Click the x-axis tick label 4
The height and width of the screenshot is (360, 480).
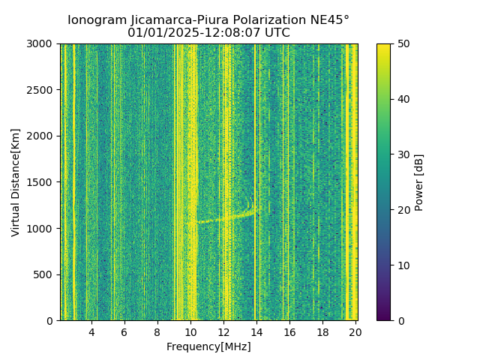(x=91, y=332)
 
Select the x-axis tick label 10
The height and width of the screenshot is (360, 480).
(x=190, y=332)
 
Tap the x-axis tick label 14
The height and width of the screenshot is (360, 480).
(x=256, y=332)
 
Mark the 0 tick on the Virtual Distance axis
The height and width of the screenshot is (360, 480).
(x=52, y=321)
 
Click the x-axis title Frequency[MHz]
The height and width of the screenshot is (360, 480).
(x=208, y=346)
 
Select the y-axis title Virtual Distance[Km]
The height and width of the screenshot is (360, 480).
(x=16, y=182)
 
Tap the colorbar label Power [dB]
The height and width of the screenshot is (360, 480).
(x=419, y=182)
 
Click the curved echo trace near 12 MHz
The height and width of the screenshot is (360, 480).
(x=225, y=218)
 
